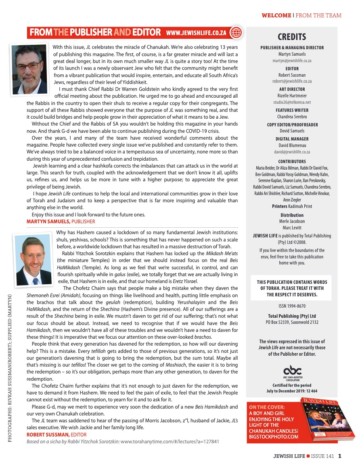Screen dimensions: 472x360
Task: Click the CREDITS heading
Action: pos(292,37)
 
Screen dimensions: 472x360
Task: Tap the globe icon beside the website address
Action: pos(236,32)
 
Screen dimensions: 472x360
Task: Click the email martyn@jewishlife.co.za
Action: pos(292,60)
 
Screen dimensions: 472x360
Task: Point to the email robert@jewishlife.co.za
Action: pos(292,81)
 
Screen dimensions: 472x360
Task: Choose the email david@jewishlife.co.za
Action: pos(292,152)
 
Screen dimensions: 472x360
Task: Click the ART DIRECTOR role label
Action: pos(292,89)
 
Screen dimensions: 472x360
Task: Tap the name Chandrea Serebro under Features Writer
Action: pos(292,116)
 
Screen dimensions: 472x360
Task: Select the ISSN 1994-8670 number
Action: pos(292,306)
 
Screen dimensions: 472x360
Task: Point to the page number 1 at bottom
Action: pos(340,457)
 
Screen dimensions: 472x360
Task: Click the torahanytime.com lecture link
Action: pos(170,442)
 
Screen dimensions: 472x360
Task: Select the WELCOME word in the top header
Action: pos(276,16)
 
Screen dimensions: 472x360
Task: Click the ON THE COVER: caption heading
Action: pos(267,407)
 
